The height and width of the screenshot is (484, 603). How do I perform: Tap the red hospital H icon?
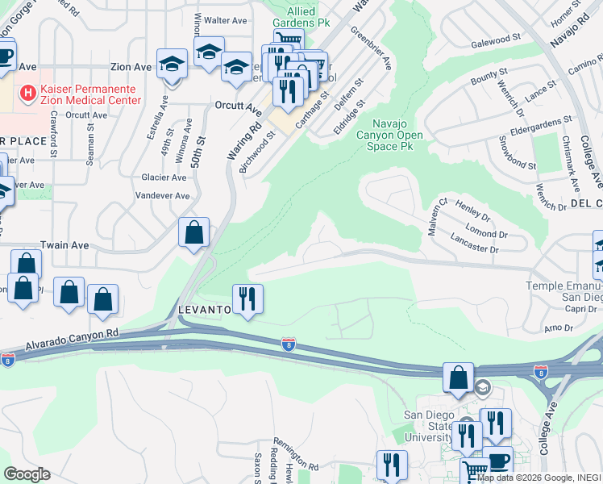click(x=29, y=94)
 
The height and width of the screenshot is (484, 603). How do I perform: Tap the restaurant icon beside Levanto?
click(x=248, y=299)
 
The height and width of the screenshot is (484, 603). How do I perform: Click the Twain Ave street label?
click(x=65, y=245)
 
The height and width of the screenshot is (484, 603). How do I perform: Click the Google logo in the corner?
click(x=27, y=474)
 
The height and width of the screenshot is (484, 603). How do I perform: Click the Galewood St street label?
click(x=497, y=40)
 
